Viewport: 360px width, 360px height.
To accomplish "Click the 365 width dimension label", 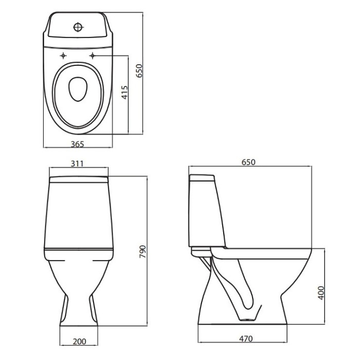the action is tap(77, 144).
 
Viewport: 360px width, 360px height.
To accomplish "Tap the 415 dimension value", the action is tap(124, 93).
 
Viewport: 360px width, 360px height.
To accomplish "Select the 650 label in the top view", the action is tap(139, 71).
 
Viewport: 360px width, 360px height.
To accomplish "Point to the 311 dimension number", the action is tap(77, 164).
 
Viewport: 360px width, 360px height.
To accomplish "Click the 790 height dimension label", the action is tap(142, 251).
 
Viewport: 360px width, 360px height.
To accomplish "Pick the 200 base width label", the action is tap(79, 341).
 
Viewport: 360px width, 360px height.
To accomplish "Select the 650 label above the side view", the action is tap(248, 162).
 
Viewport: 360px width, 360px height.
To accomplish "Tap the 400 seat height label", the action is tap(321, 293).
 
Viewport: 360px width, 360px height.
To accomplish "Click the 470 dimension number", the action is tap(246, 338).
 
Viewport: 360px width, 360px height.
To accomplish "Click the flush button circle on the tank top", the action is tap(78, 27).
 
